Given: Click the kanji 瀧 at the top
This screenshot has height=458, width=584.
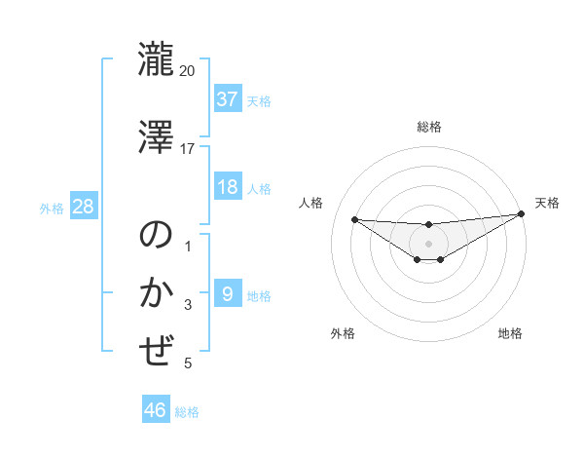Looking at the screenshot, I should [156, 58].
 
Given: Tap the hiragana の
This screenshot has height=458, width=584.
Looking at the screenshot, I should [156, 236].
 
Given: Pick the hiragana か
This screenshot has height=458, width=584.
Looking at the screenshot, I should [156, 292].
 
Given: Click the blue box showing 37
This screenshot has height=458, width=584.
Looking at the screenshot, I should [228, 98].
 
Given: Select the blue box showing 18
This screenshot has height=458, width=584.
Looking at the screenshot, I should [228, 187].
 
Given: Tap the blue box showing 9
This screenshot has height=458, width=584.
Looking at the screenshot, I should [228, 294].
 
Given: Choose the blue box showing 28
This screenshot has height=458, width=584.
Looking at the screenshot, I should [82, 207].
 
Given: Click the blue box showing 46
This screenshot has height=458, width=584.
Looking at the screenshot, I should [156, 410].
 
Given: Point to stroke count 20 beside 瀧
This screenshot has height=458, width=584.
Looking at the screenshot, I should [188, 72].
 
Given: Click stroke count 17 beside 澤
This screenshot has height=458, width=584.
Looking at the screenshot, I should [188, 149].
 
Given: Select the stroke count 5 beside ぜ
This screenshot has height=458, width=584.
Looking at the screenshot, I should [188, 363].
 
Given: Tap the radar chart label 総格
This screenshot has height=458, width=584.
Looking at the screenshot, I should [428, 127].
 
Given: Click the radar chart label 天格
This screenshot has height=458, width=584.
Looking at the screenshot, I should [547, 203].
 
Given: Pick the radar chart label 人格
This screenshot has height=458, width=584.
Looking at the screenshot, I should [310, 203].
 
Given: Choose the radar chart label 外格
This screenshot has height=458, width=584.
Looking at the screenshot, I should [342, 333].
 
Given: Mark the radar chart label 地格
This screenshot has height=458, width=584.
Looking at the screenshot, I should [510, 333].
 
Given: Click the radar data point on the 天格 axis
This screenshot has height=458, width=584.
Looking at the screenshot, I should [521, 214].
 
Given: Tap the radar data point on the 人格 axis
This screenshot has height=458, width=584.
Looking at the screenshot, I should [354, 219].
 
